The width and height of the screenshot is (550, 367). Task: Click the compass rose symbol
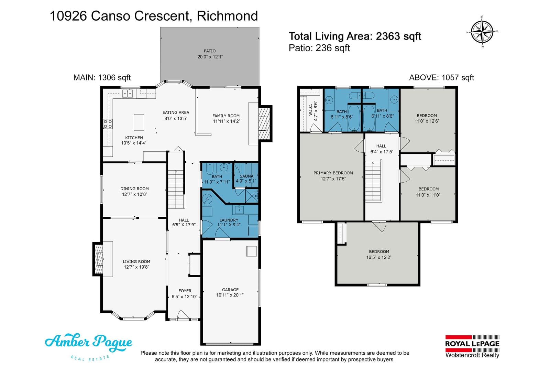tap(482, 32)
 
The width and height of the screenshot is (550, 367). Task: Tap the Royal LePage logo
tap(472, 346)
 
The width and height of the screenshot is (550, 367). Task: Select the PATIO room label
tap(210, 51)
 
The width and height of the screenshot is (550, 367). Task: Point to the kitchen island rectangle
tap(139, 122)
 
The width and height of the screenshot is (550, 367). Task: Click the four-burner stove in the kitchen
tap(108, 124)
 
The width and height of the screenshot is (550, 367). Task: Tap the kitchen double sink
tap(128, 93)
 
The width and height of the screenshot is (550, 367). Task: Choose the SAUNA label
tap(246, 176)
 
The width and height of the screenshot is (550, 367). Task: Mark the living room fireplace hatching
tap(99, 259)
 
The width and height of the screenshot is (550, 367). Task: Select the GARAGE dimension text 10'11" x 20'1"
tap(230, 295)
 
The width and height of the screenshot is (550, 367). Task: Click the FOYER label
tap(185, 291)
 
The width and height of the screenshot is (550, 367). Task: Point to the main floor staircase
tap(176, 189)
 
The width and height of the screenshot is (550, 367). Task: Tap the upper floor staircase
tap(373, 181)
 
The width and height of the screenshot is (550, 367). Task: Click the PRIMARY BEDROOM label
tap(333, 173)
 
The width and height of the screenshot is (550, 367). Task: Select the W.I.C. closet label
tap(310, 110)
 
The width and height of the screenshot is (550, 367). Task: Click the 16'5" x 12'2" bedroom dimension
tap(378, 257)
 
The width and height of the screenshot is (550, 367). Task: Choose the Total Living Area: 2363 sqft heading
tap(355, 36)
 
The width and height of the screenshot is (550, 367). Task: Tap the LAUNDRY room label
tap(229, 220)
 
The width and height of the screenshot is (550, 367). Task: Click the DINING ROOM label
tap(134, 188)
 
